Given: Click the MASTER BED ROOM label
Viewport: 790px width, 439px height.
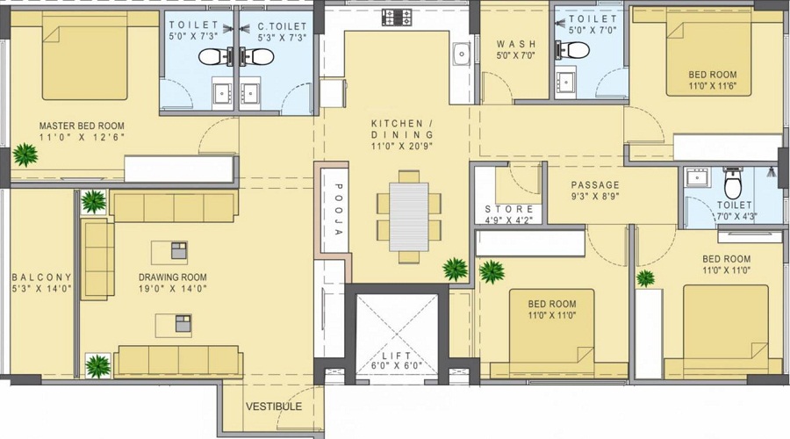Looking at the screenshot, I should (x=82, y=126).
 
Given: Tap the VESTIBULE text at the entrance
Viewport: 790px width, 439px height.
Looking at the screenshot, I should (x=274, y=407).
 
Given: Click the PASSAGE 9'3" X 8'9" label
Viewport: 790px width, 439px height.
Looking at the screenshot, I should (x=595, y=185).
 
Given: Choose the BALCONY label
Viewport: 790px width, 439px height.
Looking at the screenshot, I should (x=42, y=277).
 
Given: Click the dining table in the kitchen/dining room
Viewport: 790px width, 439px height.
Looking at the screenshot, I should (x=408, y=217).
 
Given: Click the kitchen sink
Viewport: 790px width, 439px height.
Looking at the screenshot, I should (x=461, y=55).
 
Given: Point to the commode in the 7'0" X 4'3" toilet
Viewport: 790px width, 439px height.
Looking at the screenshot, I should (x=733, y=184).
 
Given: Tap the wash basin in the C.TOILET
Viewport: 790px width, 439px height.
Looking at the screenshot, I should (x=251, y=91).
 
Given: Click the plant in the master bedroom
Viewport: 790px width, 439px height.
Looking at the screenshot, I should (x=25, y=155).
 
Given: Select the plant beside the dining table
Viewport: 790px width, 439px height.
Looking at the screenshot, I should (x=455, y=269).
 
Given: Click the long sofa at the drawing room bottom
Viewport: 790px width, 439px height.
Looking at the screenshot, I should (x=179, y=361).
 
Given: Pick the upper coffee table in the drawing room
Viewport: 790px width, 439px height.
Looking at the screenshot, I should (x=179, y=250).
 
